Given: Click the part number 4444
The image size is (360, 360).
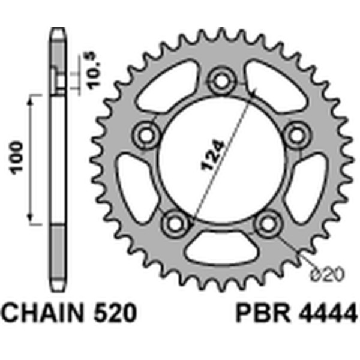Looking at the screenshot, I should (324, 314).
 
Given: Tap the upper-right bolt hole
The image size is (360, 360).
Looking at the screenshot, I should (295, 134).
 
